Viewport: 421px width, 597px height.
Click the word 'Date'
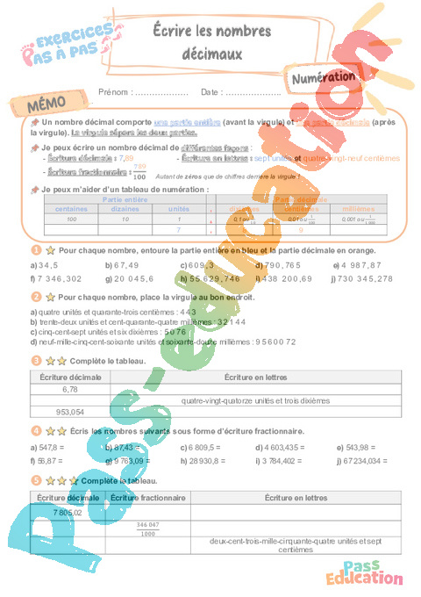point(209,91)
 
